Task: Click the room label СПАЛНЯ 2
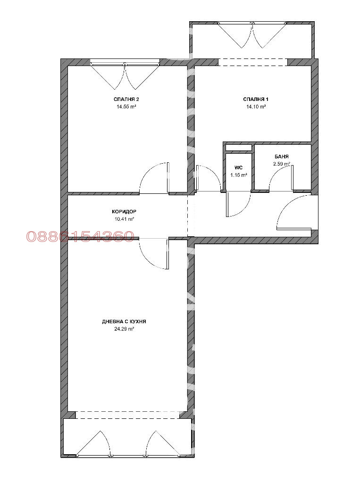(126, 100)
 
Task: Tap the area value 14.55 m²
(126, 107)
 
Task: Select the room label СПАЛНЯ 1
(255, 100)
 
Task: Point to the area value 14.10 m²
(255, 107)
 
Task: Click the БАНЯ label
(282, 157)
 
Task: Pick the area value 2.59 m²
(281, 164)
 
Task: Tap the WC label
(238, 167)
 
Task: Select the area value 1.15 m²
(238, 175)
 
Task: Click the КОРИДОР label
(124, 212)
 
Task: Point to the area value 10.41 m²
(124, 219)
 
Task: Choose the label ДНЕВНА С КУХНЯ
(124, 321)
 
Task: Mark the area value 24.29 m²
(124, 329)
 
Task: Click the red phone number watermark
(80, 236)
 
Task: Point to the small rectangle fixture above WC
(238, 148)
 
